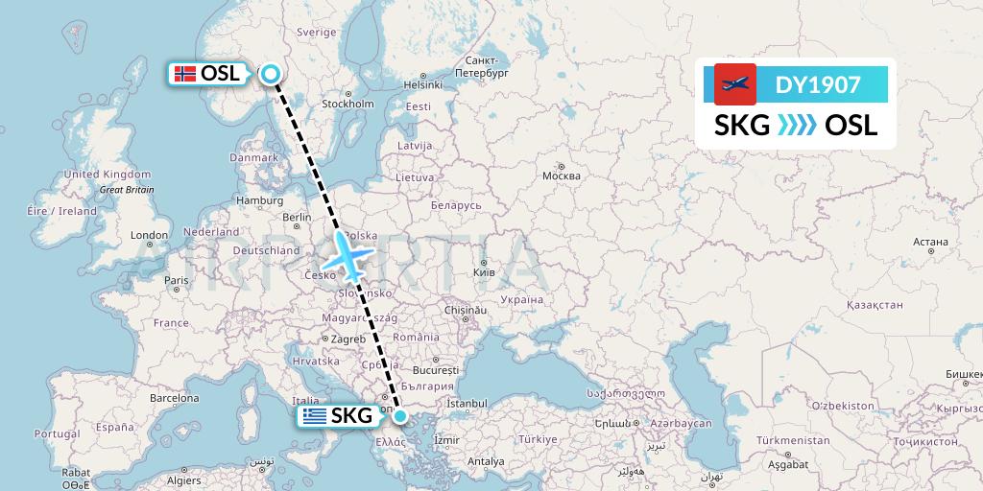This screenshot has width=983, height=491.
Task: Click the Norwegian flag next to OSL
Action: [185, 74]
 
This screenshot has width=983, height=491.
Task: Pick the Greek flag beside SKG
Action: [312, 416]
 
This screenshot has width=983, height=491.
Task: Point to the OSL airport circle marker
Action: [271, 74]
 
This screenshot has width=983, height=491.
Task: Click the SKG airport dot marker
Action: [401, 416]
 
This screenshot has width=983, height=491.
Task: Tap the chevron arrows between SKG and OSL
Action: [797, 126]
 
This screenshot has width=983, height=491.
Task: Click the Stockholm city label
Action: [348, 104]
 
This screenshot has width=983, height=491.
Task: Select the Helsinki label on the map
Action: [422, 84]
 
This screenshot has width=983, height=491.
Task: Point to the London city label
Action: [149, 235]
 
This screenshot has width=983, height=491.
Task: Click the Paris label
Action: [176, 281]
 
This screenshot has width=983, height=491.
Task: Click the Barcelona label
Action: [174, 398]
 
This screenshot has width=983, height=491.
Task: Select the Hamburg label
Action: [259, 201]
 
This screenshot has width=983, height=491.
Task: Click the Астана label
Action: [930, 242]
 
